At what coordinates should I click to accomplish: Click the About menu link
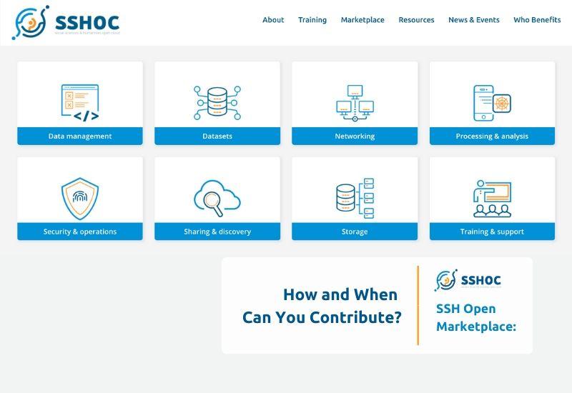pyautogui.click(x=273, y=20)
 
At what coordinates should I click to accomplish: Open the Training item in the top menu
pyautogui.click(x=312, y=20)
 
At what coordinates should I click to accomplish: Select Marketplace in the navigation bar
pyautogui.click(x=363, y=20)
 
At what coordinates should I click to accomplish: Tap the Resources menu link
pyautogui.click(x=416, y=20)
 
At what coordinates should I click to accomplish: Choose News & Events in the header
pyautogui.click(x=474, y=20)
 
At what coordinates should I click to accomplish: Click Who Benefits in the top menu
pyautogui.click(x=537, y=20)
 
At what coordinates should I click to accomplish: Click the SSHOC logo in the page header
pyautogui.click(x=66, y=23)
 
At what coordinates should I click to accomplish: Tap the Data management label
pyautogui.click(x=80, y=136)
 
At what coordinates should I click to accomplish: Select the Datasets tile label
pyautogui.click(x=217, y=136)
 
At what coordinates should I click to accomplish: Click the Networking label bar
pyautogui.click(x=355, y=136)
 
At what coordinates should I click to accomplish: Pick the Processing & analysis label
pyautogui.click(x=492, y=136)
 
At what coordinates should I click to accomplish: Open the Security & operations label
pyautogui.click(x=80, y=232)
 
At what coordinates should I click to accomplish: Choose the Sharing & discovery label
pyautogui.click(x=217, y=232)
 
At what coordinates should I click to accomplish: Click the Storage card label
pyautogui.click(x=355, y=232)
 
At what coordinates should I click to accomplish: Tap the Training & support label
pyautogui.click(x=492, y=232)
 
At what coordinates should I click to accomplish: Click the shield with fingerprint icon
pyautogui.click(x=80, y=199)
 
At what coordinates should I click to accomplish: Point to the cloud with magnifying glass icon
pyautogui.click(x=217, y=198)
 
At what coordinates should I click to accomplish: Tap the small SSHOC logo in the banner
pyautogui.click(x=468, y=280)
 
